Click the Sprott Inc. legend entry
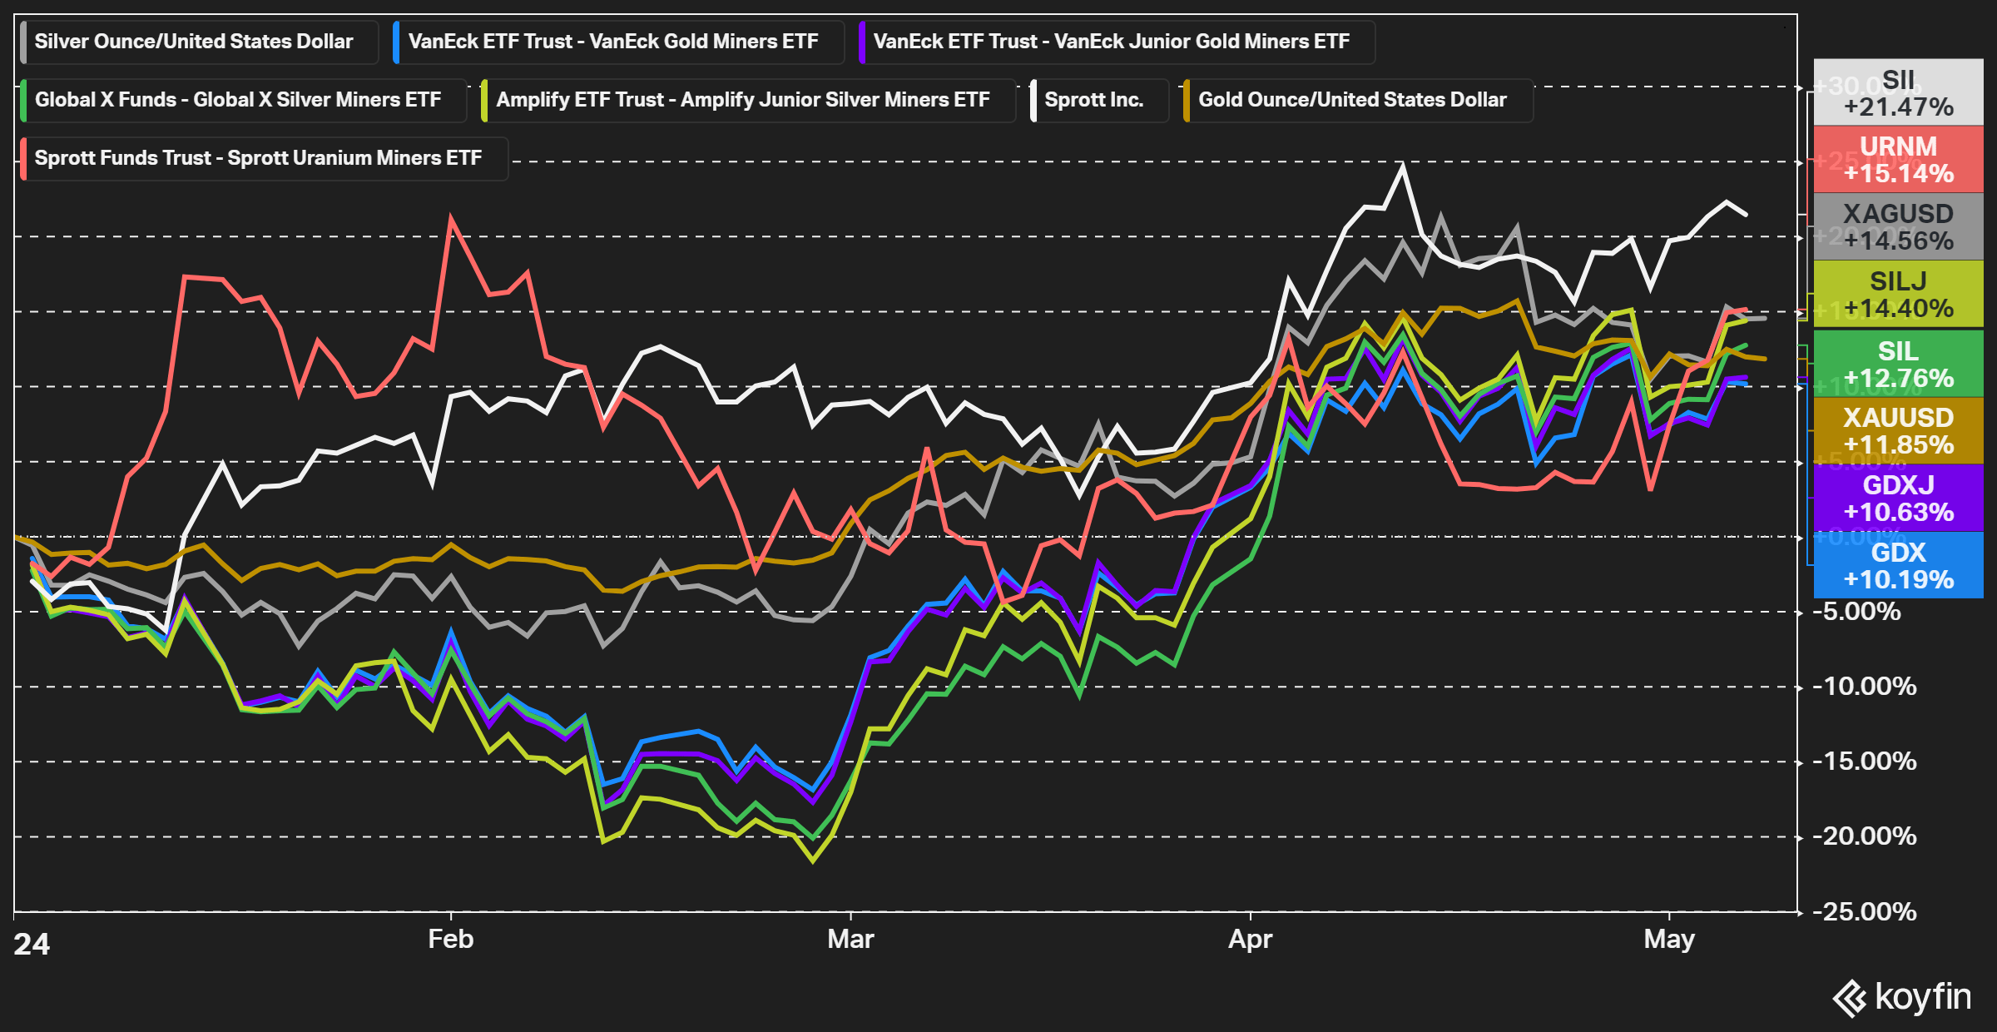[1093, 100]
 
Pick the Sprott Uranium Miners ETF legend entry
[258, 158]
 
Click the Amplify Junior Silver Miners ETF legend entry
[742, 100]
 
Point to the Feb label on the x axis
[450, 939]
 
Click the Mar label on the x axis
[850, 939]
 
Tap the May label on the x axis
[1669, 939]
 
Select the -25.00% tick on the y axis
[1869, 911]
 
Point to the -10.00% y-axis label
[1869, 687]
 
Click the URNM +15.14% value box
[1898, 160]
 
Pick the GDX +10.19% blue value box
[1898, 566]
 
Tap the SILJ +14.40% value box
[1898, 295]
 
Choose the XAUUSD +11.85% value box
[1898, 430]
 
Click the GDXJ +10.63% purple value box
[1898, 498]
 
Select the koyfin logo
[1902, 997]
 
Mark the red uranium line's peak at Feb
[450, 218]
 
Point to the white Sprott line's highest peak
[1403, 166]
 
